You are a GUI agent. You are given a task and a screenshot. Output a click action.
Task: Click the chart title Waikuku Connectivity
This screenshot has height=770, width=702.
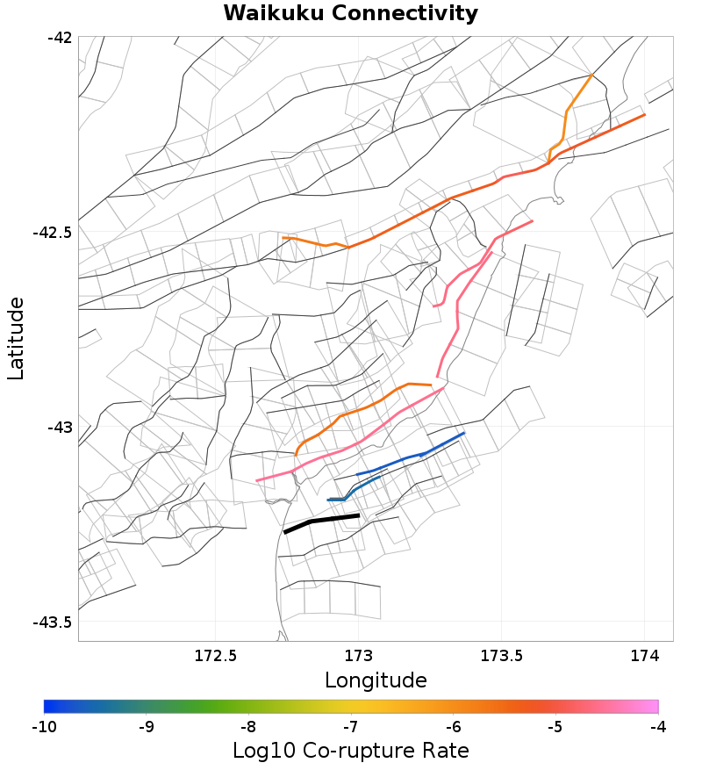click(350, 14)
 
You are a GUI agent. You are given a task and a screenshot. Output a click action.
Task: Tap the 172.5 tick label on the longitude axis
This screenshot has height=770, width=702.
click(216, 655)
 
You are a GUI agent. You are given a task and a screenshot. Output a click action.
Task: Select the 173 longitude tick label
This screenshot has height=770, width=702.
click(358, 655)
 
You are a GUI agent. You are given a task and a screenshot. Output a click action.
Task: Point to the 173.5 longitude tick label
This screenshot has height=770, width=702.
click(501, 655)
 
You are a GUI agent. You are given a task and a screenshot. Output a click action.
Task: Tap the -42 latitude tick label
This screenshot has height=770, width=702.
click(61, 38)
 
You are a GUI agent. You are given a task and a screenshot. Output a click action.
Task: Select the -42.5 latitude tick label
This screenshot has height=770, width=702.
click(54, 233)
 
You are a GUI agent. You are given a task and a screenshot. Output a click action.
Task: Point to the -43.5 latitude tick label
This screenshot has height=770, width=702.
click(54, 622)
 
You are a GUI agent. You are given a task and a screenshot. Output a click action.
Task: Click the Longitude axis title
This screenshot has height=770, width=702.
click(376, 680)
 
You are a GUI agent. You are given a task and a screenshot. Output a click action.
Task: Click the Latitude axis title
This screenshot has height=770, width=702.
click(16, 338)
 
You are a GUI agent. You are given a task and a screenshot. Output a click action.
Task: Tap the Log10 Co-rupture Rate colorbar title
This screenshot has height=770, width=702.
click(350, 752)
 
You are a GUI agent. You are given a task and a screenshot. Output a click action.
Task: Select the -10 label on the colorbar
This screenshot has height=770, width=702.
click(44, 727)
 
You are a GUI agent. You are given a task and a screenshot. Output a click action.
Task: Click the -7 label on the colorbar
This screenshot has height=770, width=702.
click(351, 727)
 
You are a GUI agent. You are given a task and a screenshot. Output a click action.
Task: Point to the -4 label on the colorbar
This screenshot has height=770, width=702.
click(658, 727)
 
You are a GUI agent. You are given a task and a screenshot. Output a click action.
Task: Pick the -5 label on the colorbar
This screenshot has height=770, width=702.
click(555, 727)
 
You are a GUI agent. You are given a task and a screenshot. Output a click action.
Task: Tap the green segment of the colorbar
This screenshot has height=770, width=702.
click(228, 706)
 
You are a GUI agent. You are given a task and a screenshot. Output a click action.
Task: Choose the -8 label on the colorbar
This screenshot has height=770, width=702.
click(248, 727)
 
